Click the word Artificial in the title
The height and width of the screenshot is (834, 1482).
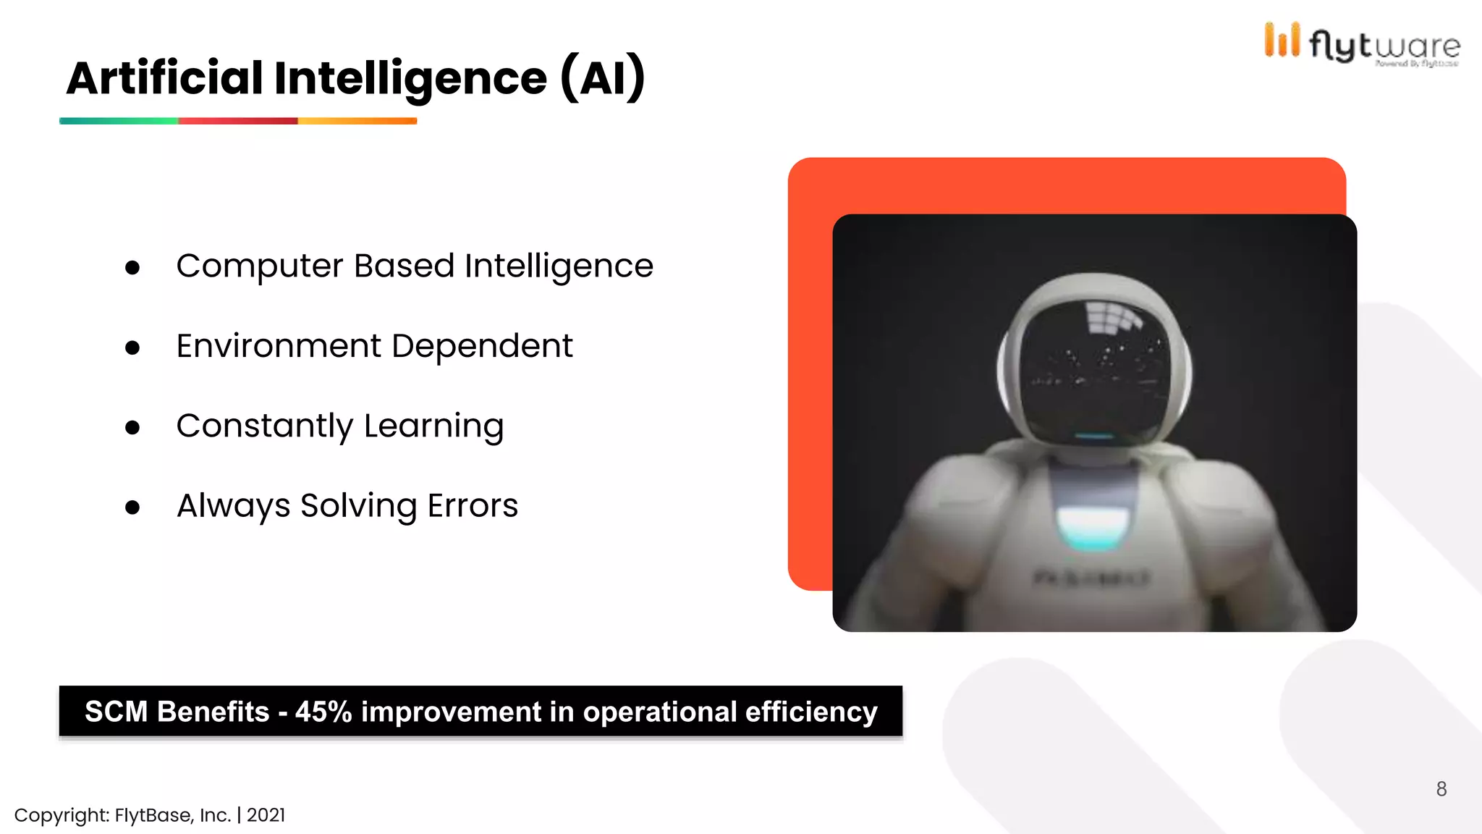[164, 78]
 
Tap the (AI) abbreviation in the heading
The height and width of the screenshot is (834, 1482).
[602, 78]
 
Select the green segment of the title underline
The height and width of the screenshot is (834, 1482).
[119, 121]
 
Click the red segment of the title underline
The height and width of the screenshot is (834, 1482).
[238, 121]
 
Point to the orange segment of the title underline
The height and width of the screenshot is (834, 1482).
[357, 121]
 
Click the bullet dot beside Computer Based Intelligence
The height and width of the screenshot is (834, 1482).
[132, 268]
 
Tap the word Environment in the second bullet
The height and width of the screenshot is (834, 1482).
[278, 346]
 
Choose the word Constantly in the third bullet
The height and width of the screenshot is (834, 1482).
[264, 426]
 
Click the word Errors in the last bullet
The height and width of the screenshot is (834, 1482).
[473, 505]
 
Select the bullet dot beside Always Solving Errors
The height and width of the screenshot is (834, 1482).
[132, 507]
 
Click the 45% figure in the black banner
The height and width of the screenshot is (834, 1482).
[323, 712]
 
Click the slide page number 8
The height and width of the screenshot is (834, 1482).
[1441, 789]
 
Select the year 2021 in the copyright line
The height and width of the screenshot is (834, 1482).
[266, 815]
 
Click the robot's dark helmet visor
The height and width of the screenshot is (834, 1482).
[1094, 369]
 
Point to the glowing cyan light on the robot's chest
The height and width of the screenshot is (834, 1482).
[1093, 528]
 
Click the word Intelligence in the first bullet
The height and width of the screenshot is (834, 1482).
[559, 266]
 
